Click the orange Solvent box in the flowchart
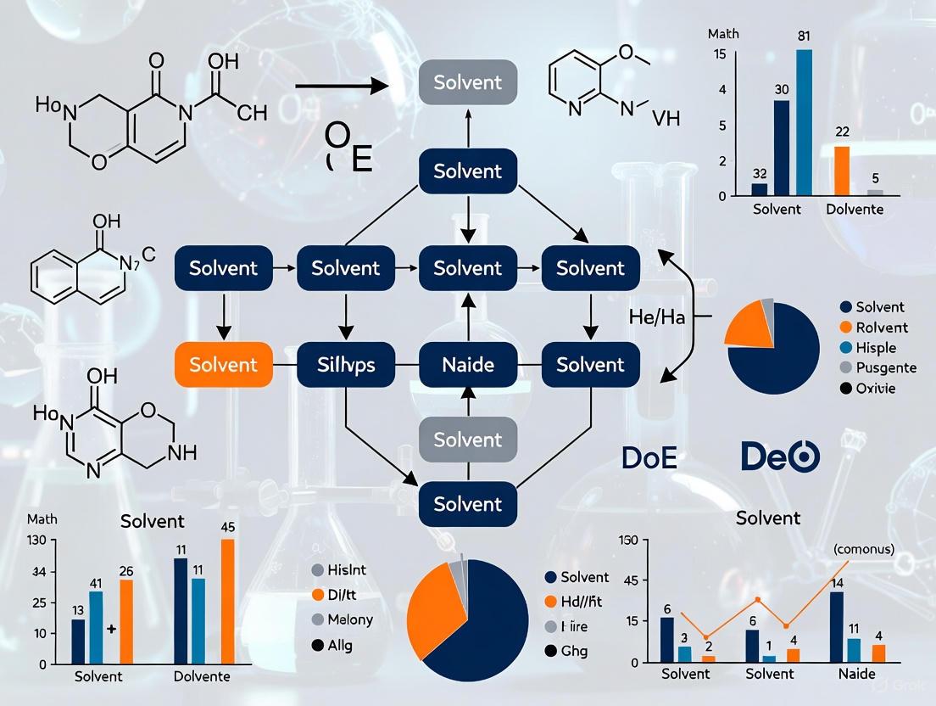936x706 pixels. (223, 365)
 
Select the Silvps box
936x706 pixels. (346, 365)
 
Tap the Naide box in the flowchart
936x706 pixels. (468, 365)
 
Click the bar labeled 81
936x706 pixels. (804, 122)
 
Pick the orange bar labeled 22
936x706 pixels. (842, 171)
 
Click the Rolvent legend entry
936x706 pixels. (881, 328)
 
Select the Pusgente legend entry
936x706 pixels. (886, 368)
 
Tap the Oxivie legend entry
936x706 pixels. (875, 389)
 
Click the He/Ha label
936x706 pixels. (657, 317)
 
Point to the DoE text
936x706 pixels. (649, 457)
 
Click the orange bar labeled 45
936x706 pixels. (227, 601)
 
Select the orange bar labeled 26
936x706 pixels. (126, 621)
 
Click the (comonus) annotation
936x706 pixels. (863, 549)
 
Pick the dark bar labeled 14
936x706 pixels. (837, 627)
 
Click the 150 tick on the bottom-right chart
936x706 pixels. (628, 541)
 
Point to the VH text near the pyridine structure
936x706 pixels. (666, 119)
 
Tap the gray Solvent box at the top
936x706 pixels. (468, 83)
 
